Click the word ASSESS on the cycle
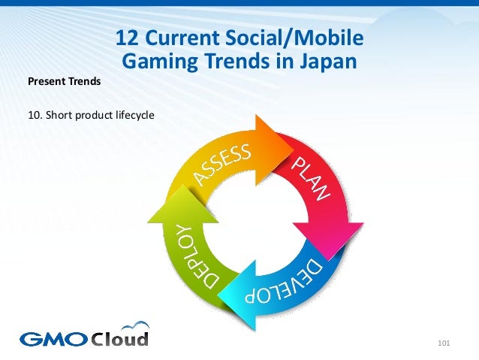tap(223, 164)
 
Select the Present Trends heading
tap(64, 81)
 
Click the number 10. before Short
tap(35, 115)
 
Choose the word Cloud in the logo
tap(120, 337)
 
